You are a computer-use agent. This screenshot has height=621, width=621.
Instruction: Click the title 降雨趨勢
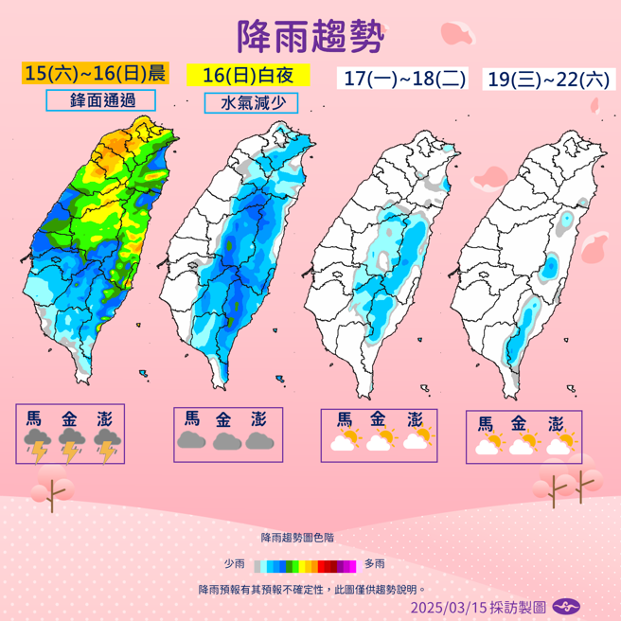pyautogui.click(x=310, y=37)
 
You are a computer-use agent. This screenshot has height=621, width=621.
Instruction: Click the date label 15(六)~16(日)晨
pyautogui.click(x=96, y=73)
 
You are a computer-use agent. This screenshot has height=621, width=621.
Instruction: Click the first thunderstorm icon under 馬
pyautogui.click(x=38, y=444)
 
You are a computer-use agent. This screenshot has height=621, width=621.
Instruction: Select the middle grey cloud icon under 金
pyautogui.click(x=227, y=440)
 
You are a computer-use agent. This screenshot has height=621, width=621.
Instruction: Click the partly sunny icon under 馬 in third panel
pyautogui.click(x=344, y=439)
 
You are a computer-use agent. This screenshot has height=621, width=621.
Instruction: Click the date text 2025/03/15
pyautogui.click(x=448, y=606)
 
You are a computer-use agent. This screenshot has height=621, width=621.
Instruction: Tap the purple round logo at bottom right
pyautogui.click(x=566, y=606)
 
